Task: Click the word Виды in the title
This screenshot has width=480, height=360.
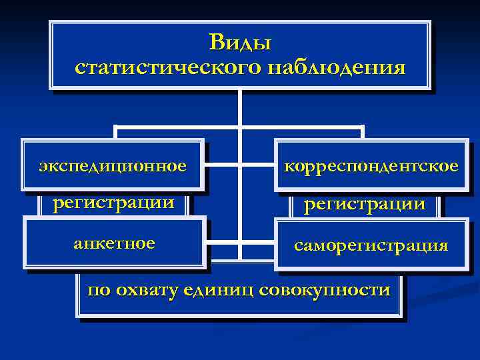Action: pos(240,43)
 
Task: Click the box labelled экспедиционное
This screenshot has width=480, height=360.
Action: pos(112,165)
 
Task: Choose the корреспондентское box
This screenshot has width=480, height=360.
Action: pos(371,165)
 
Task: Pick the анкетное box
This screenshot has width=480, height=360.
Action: pos(114,243)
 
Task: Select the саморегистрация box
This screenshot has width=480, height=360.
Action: pos(371,245)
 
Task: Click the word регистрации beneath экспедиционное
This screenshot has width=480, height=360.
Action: pos(114,201)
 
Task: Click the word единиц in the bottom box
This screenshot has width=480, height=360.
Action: pos(219,290)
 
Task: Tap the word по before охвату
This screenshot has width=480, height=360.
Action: pos(97,291)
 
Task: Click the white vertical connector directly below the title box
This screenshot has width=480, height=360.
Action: pos(239,107)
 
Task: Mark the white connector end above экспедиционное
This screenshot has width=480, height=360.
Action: pos(115,131)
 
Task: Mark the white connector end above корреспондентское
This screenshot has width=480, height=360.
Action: pos(363,131)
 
